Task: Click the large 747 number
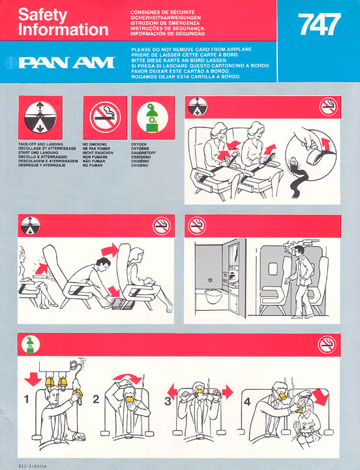click(320, 24)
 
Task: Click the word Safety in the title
click(43, 15)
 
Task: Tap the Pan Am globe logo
click(11, 63)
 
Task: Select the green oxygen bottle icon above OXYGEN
click(153, 117)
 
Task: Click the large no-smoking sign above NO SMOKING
click(105, 117)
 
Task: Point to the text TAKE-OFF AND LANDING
click(40, 144)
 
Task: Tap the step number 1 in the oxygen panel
click(27, 399)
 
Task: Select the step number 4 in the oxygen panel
click(247, 401)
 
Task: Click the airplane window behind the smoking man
click(272, 268)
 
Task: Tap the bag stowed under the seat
click(123, 304)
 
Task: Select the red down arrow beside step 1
click(33, 379)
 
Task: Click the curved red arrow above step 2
click(128, 378)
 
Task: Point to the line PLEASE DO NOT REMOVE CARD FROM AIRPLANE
click(191, 50)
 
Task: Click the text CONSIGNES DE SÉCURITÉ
click(162, 12)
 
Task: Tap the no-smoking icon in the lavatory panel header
click(197, 226)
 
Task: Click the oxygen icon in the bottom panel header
click(30, 345)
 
